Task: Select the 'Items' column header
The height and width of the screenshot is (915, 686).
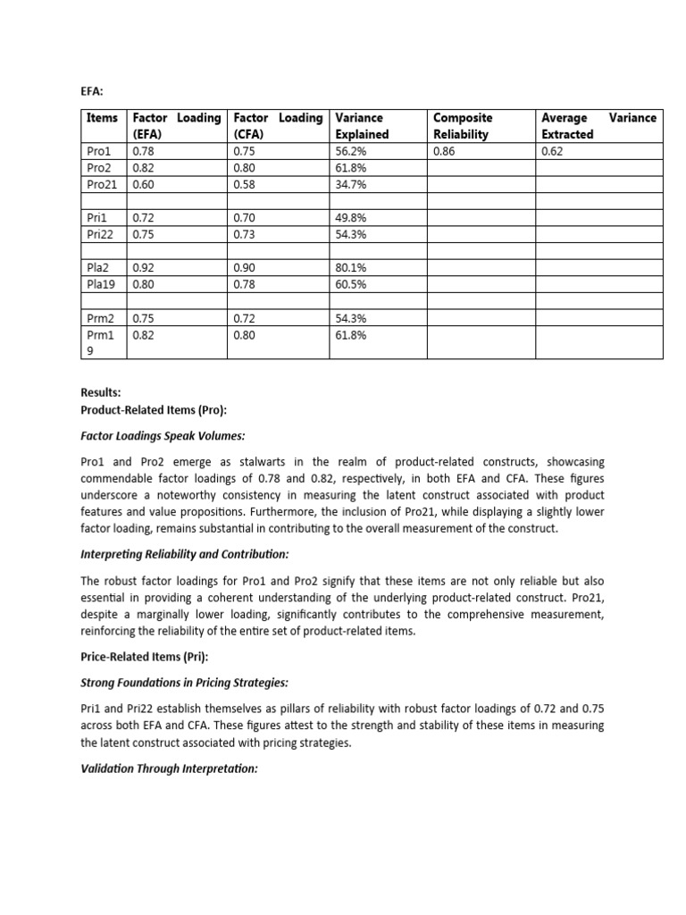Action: (x=102, y=118)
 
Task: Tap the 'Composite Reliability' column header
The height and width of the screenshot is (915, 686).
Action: (x=463, y=126)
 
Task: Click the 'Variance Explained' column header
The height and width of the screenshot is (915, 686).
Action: (x=362, y=126)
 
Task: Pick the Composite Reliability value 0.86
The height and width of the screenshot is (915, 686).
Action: (x=444, y=152)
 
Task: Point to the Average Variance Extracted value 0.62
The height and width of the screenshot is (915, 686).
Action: (x=553, y=152)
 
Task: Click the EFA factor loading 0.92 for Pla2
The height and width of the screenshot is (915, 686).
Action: (x=143, y=267)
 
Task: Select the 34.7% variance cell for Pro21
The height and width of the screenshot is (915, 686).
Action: (x=349, y=185)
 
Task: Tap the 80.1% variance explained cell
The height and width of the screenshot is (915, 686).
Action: (x=349, y=267)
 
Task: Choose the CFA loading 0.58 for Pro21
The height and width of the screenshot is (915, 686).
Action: (x=243, y=185)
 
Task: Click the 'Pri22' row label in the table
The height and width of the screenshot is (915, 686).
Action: (x=99, y=234)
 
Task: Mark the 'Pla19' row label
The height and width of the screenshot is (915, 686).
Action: (x=100, y=284)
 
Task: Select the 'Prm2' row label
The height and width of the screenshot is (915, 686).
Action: (x=100, y=318)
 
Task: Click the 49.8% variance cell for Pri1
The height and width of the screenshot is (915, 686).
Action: (x=349, y=217)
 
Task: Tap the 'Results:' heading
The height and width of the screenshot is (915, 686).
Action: (x=101, y=392)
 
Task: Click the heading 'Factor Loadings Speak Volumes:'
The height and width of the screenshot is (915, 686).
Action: (x=163, y=436)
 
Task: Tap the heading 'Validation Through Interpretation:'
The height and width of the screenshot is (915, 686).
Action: (x=169, y=768)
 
